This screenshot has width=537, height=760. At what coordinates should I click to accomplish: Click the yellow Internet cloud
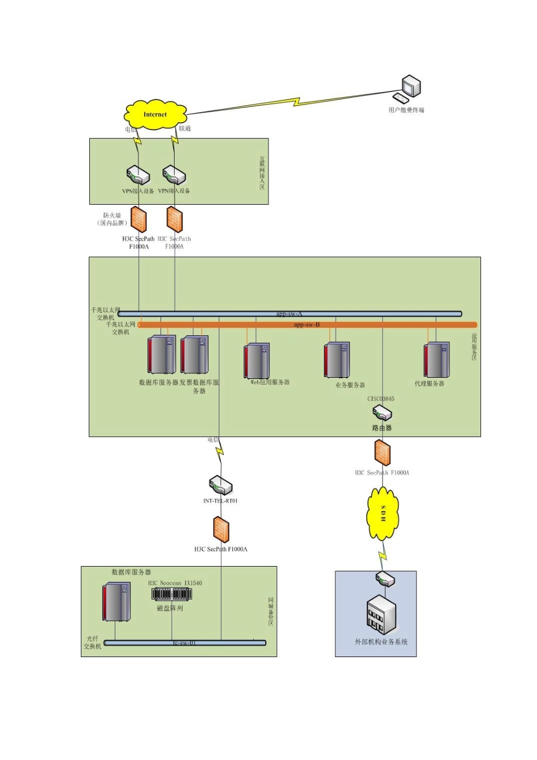[155, 115]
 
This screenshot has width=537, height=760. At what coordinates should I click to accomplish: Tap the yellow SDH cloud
[383, 514]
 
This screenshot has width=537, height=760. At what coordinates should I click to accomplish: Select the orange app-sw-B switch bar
[308, 325]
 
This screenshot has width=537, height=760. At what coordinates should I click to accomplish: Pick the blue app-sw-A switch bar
[290, 314]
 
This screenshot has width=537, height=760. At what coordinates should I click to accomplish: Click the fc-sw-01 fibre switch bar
[185, 642]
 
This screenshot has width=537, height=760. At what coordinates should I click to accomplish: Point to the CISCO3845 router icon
[382, 413]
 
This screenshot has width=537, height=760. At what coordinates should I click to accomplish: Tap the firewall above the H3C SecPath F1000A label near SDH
[382, 453]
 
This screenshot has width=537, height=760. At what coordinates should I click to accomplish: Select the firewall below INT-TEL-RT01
[221, 529]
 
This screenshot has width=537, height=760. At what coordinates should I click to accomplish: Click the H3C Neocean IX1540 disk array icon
[171, 594]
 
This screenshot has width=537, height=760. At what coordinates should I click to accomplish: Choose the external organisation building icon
[382, 615]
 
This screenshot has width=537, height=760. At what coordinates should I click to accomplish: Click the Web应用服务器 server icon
[257, 360]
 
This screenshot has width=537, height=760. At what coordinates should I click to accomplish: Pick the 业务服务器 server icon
[337, 360]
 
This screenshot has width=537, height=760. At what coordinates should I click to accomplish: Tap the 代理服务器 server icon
[437, 360]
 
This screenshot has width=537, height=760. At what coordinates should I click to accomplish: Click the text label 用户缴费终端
[406, 110]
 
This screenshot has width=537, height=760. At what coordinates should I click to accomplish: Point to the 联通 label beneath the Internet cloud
[185, 128]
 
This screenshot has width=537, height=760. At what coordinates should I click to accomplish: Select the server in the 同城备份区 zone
[116, 602]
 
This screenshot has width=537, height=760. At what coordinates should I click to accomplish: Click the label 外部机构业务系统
[381, 642]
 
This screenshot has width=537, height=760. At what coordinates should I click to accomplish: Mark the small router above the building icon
[385, 580]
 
